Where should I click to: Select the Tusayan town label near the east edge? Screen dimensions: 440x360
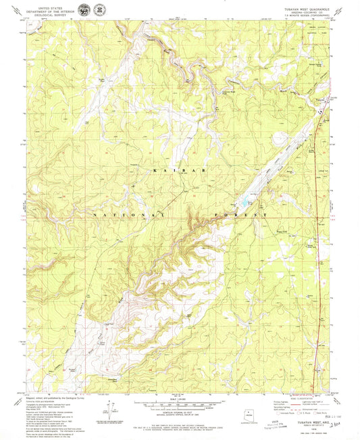coord(324,101)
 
